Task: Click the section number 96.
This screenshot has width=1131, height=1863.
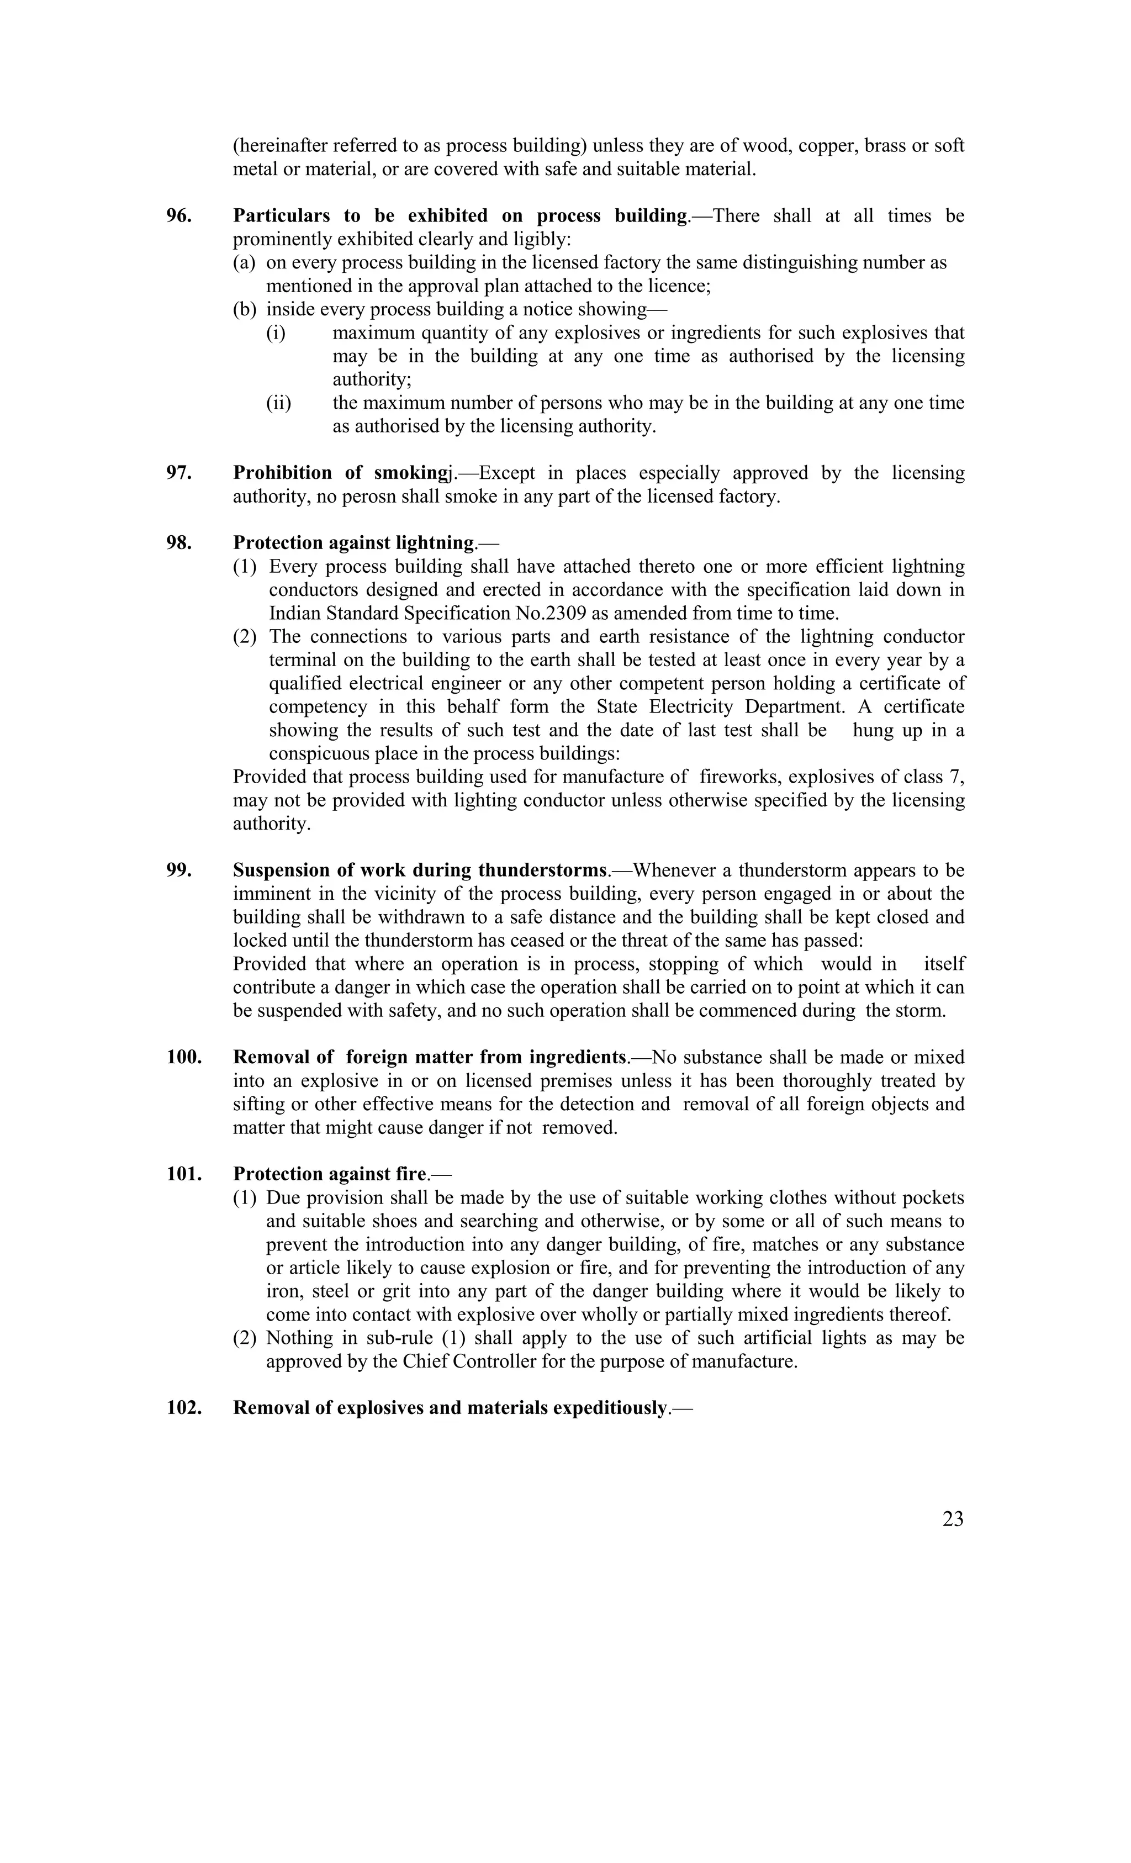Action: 178,217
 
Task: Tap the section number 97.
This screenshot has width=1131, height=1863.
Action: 178,473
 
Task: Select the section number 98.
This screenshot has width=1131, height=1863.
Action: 178,543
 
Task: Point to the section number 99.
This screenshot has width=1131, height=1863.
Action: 178,870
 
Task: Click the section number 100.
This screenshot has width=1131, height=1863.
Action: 184,1057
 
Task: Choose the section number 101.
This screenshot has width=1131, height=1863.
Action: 184,1174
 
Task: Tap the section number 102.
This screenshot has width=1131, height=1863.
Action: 184,1408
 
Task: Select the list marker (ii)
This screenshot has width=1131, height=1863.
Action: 278,403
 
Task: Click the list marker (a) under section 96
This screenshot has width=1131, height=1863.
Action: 244,263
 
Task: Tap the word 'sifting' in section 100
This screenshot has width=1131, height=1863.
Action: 258,1104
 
